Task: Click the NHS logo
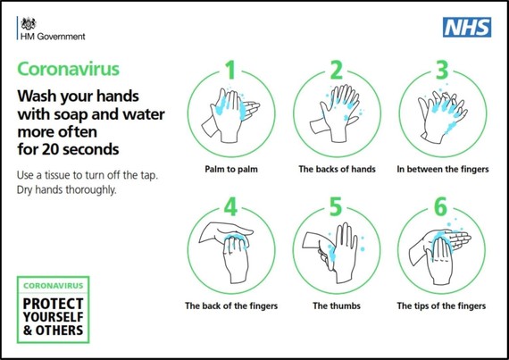tap(467, 28)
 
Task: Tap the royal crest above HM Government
tap(29, 24)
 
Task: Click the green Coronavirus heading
tap(69, 69)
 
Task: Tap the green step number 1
tap(230, 70)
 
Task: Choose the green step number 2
tap(337, 70)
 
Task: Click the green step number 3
tap(442, 70)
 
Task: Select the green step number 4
tap(230, 206)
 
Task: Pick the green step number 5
tap(336, 206)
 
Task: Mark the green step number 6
tap(441, 206)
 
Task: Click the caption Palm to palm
tap(231, 169)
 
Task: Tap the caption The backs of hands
tap(337, 169)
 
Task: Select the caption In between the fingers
tap(442, 169)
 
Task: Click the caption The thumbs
tap(337, 306)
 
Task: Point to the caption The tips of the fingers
tap(441, 306)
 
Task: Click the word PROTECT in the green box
tap(54, 304)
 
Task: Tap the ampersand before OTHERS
tap(28, 331)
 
